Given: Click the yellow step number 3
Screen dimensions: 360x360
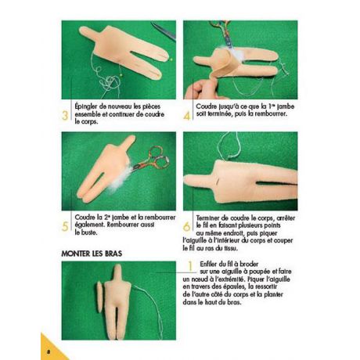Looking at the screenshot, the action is tap(65, 116).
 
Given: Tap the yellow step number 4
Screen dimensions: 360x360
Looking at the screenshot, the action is tap(187, 116).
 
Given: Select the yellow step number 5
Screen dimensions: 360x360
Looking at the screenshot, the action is tap(65, 226).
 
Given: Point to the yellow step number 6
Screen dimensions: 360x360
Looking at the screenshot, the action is tap(187, 226).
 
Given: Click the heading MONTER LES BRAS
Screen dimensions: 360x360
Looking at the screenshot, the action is tap(92, 254).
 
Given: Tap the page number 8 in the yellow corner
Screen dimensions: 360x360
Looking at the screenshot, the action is tap(48, 351).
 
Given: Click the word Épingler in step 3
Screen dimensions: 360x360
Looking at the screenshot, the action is tap(86, 106).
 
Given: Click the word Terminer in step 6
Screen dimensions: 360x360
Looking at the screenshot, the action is tap(207, 218).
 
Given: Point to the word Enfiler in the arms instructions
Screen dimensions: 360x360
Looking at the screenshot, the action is tap(209, 264).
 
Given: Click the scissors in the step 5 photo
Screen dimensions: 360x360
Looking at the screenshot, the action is tap(150, 159).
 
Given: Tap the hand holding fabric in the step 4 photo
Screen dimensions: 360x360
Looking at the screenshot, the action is tap(198, 88).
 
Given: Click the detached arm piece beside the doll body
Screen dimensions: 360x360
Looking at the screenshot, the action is tap(100, 297).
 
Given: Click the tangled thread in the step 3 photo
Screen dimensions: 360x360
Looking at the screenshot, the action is tap(108, 81).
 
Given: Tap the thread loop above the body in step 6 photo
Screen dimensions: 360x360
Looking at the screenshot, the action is tap(229, 146).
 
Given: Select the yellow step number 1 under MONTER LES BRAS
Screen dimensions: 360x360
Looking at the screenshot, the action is tap(191, 266).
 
